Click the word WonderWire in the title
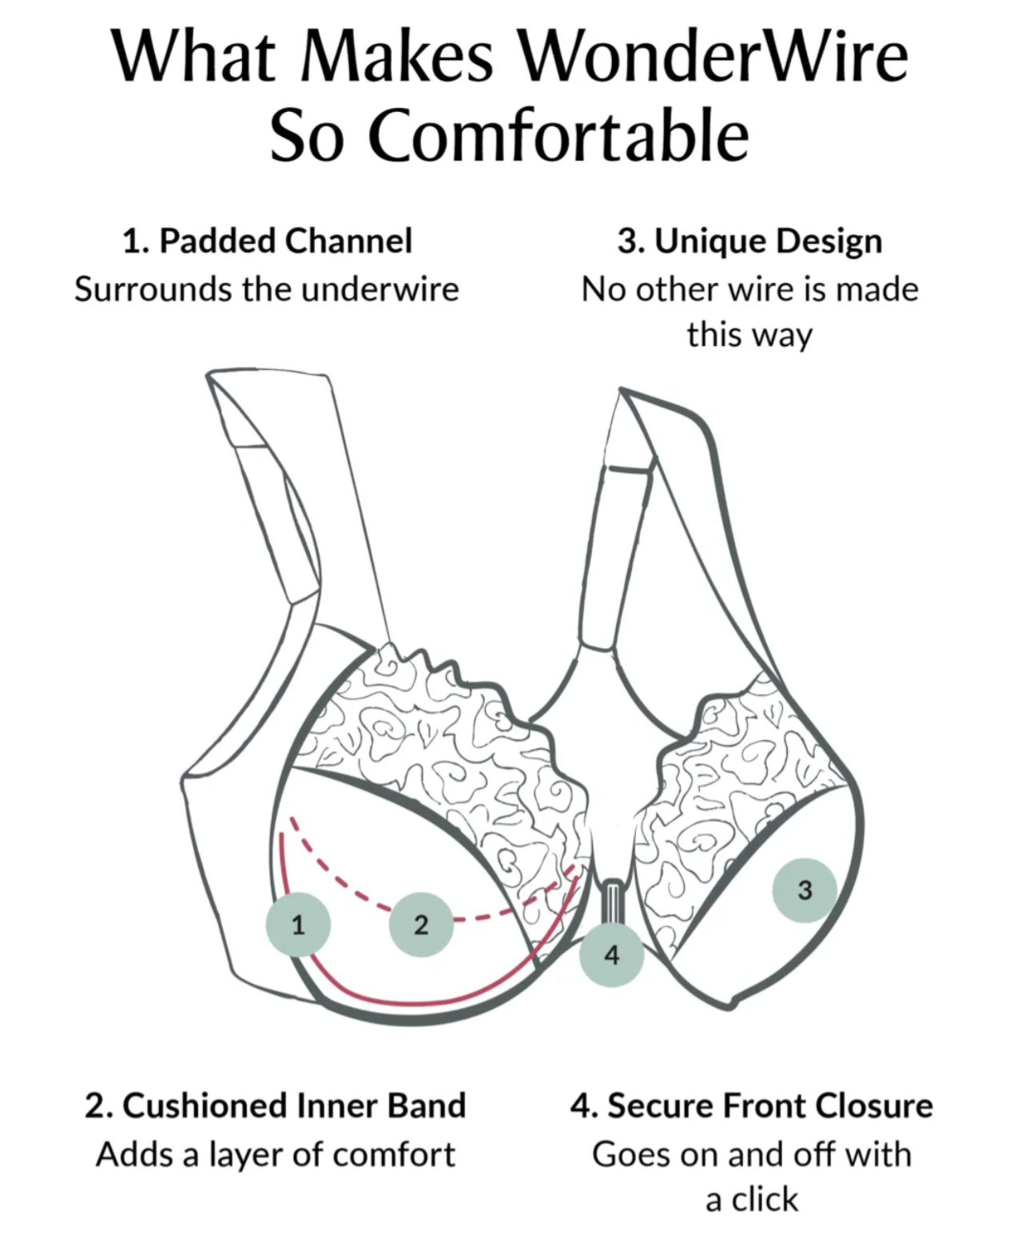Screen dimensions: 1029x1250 (x=713, y=57)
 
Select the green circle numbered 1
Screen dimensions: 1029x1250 (x=298, y=925)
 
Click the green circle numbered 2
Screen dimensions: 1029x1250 (x=421, y=925)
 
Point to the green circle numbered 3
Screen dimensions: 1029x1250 (x=805, y=890)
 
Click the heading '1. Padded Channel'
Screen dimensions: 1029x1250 (x=267, y=241)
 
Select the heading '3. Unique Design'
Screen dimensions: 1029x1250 (x=749, y=241)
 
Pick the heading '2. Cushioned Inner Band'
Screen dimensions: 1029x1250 (x=276, y=1105)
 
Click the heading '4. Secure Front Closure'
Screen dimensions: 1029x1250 (x=751, y=1105)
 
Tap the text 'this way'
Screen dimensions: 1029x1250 (x=749, y=335)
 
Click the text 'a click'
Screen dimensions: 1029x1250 (x=752, y=1199)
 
